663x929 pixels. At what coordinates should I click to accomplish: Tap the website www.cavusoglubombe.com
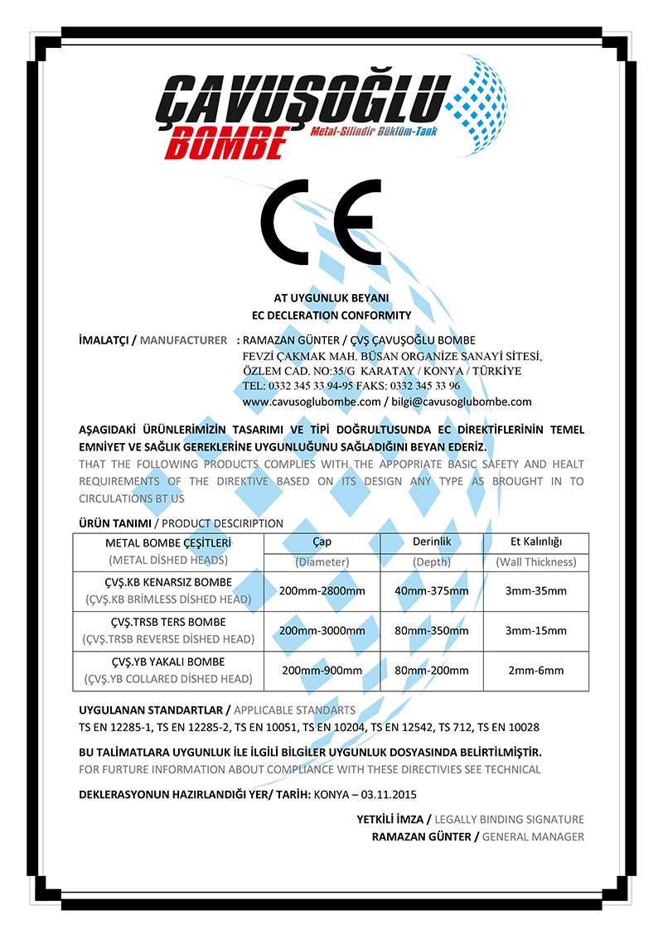[311, 402]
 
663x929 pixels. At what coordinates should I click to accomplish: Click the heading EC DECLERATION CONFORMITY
[331, 315]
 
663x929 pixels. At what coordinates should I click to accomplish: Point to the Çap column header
[322, 542]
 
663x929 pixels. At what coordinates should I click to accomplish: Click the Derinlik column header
[431, 542]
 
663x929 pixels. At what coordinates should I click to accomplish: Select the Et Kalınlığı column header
[535, 542]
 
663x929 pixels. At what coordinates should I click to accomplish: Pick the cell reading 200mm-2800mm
[322, 590]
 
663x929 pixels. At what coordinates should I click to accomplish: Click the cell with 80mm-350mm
[431, 630]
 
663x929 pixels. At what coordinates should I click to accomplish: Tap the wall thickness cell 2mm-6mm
[535, 670]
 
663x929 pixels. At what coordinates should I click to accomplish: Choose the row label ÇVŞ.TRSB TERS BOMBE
[168, 622]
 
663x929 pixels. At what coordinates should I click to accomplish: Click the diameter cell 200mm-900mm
[322, 670]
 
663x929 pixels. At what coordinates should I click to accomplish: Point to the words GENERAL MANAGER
[532, 836]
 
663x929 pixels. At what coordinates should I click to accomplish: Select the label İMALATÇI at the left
[103, 340]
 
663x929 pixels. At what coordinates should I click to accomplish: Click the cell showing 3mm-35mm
[535, 590]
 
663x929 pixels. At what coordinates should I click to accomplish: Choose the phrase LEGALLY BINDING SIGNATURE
[509, 819]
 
